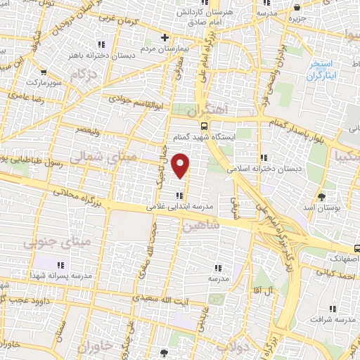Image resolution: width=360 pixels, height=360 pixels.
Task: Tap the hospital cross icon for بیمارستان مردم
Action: click(x=165, y=37)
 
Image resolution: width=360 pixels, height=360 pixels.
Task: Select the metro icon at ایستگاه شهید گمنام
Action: click(x=204, y=127)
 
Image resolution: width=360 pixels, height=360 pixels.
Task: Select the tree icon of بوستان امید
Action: click(x=322, y=196)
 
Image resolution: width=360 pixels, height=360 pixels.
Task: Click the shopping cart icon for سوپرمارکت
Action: click(x=44, y=72)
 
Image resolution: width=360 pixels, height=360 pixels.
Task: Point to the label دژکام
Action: click(x=83, y=73)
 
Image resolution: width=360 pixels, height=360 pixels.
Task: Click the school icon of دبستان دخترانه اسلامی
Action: click(x=263, y=157)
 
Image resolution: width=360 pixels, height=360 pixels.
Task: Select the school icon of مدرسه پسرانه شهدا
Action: click(x=60, y=265)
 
